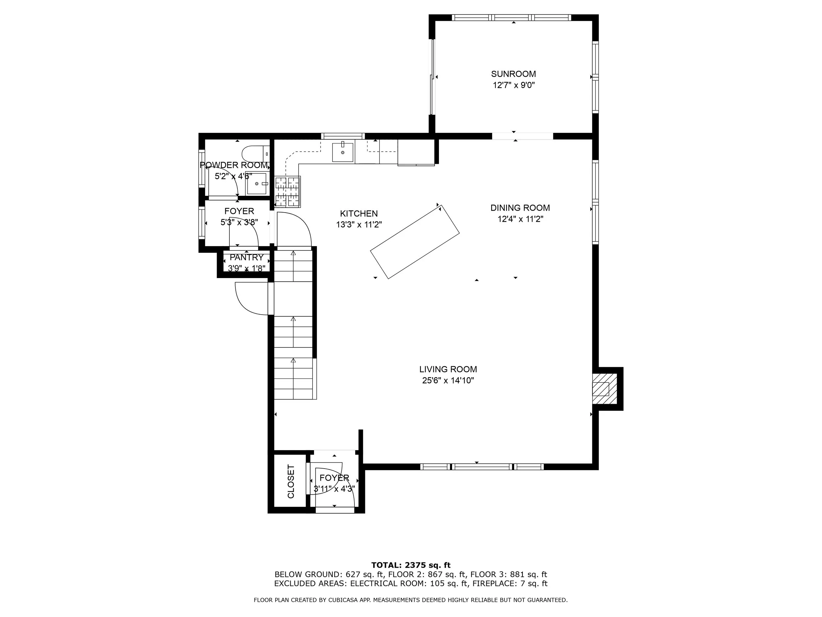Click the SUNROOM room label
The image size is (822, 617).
point(513,74)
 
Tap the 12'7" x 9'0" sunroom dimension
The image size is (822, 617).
point(513,85)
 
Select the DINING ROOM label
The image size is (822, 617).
point(520,208)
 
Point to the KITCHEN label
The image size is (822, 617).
point(359,214)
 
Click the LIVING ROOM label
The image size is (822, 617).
point(448,369)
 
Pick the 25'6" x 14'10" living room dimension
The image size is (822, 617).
point(448,380)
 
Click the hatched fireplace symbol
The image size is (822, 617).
point(600,389)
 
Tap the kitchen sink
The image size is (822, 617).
point(342,152)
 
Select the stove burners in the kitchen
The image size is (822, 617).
point(287,192)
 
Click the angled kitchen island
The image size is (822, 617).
point(415,242)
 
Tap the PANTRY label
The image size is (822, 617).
point(246,257)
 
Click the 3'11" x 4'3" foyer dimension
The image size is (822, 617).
point(334,489)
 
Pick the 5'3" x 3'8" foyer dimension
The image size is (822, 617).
point(239,222)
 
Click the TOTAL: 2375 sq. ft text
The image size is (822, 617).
point(411,565)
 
